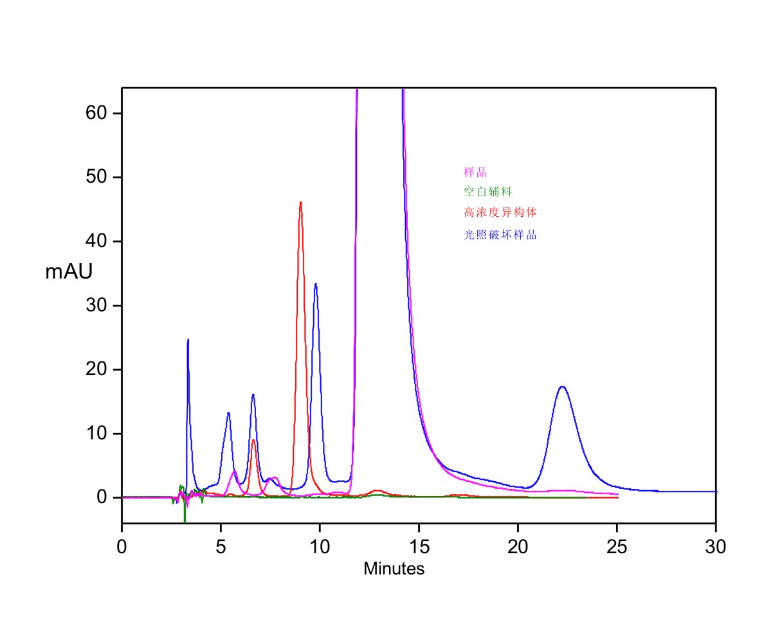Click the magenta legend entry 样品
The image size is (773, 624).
(475, 172)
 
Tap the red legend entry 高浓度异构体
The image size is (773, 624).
(500, 212)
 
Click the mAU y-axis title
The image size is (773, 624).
(68, 272)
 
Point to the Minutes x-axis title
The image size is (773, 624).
(394, 569)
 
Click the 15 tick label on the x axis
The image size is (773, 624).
(419, 547)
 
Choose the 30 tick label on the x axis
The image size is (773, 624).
(716, 547)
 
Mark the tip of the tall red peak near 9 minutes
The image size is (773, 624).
(300, 203)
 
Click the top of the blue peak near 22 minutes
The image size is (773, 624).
(562, 387)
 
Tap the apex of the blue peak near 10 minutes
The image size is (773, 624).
(316, 284)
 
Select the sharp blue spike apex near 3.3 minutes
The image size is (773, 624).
(188, 339)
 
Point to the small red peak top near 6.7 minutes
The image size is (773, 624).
(254, 440)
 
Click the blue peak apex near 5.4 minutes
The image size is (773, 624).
(228, 413)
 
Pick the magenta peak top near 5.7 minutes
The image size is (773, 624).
(235, 472)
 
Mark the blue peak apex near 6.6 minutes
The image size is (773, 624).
(253, 394)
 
